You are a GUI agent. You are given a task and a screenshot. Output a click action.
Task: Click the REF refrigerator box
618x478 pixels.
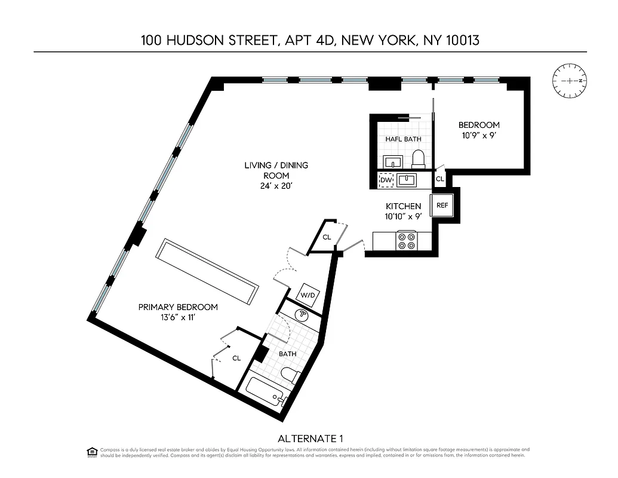coord(442,205)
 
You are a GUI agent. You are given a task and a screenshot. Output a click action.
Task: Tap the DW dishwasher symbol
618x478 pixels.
coord(386,179)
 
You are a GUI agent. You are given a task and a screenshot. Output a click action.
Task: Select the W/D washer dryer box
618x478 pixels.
coord(308,294)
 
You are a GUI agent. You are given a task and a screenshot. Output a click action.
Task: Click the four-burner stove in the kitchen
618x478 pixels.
coord(407,241)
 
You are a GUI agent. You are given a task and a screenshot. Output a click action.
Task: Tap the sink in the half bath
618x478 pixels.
coord(392,161)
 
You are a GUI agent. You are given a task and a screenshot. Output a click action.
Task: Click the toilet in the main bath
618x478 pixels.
coord(291,376)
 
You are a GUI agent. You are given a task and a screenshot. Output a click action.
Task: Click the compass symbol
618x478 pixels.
coord(570,81)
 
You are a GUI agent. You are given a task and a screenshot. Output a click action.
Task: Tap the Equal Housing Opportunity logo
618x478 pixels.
coord(92,451)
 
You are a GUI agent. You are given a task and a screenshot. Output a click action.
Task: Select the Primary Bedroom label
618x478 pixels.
coord(178,307)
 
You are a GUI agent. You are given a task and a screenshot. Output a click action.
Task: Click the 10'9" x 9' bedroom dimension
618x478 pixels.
coord(478,135)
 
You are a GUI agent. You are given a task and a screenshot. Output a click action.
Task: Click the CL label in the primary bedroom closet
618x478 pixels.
coord(236,358)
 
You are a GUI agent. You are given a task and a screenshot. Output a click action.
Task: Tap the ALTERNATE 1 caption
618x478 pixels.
coord(310,438)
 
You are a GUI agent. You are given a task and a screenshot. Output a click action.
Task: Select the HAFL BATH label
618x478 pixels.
coord(403,139)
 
